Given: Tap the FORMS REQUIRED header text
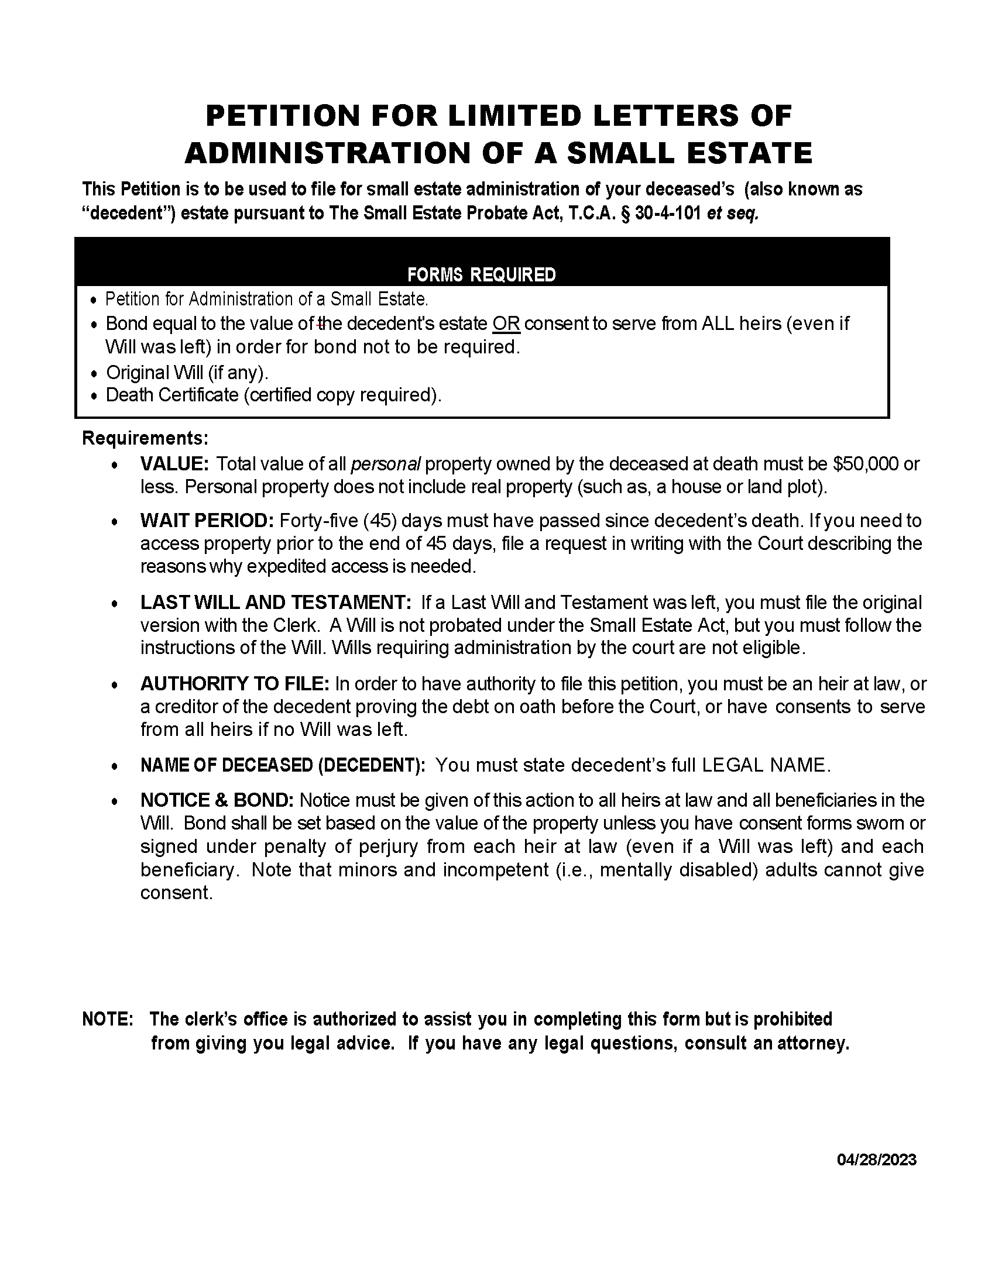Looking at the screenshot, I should (481, 275).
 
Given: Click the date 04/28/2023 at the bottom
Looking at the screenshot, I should (877, 1159).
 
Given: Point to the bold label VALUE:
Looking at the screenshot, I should (174, 464).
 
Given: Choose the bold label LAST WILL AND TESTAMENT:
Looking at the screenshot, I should (275, 603).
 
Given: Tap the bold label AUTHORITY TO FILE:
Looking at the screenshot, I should (235, 684).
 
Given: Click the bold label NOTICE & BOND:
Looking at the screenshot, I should (217, 800).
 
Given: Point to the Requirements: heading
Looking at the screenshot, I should (146, 438).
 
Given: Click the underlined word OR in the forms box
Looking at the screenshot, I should (506, 324).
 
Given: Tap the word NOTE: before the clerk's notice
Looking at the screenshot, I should (108, 1019).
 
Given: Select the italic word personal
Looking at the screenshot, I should (386, 464).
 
